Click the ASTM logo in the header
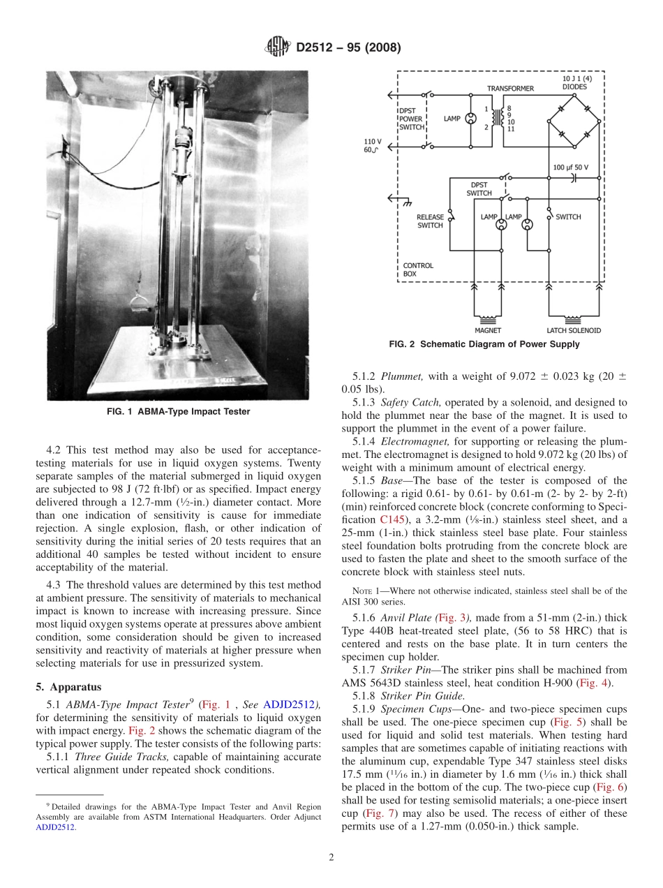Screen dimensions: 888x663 (277, 47)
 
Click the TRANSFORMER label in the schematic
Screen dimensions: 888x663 (510, 89)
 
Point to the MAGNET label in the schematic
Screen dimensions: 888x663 (488, 330)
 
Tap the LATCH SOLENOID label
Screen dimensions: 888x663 (574, 330)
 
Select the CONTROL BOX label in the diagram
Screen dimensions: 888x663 (418, 269)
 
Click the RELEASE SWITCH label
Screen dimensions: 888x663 (430, 221)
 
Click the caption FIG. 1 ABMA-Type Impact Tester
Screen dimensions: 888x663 (178, 412)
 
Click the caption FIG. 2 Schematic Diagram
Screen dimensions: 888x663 (484, 344)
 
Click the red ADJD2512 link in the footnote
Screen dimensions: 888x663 (56, 827)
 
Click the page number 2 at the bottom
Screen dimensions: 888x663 (331, 858)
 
